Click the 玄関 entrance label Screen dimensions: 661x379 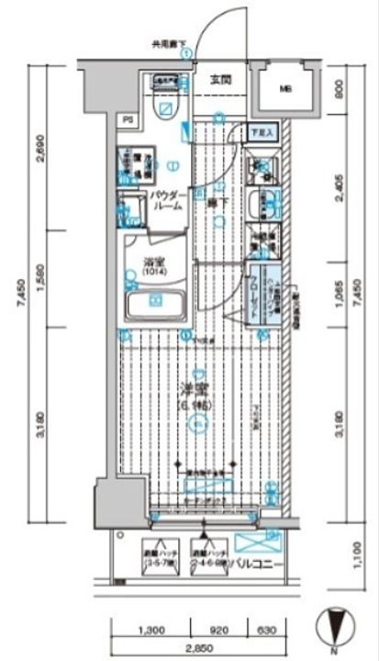[x=220, y=80]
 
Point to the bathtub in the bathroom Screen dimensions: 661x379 [x=154, y=302]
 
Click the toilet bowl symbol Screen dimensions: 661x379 [x=165, y=109]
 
